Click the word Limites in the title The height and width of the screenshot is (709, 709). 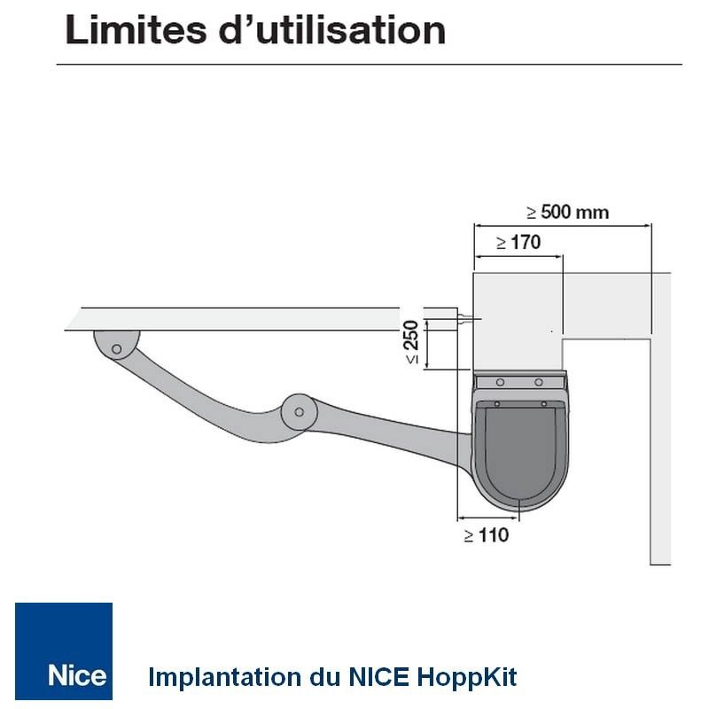click(136, 30)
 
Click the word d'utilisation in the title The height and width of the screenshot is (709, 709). click(332, 30)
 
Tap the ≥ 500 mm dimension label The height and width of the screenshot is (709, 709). click(568, 212)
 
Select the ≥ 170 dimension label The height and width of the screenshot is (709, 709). click(518, 242)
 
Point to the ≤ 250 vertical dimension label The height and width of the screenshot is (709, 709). click(412, 342)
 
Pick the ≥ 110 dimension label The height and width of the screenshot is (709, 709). click(487, 535)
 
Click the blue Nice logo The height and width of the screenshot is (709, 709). click(64, 651)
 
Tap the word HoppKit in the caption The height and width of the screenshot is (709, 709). click(467, 677)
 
